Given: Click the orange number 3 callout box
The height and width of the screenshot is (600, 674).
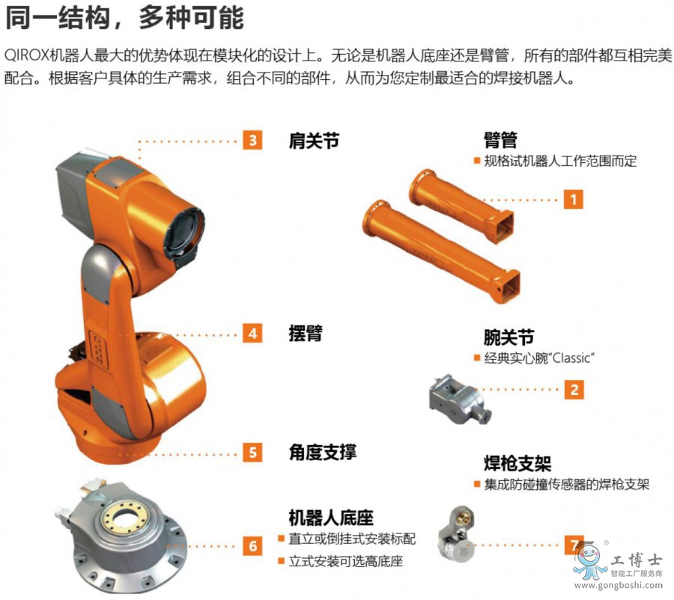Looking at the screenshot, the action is click(x=252, y=140).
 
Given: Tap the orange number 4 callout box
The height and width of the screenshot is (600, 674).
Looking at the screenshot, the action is click(x=252, y=333).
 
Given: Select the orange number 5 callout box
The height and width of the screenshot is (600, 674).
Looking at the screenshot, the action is click(x=252, y=453).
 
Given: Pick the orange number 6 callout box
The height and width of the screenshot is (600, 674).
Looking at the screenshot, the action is click(x=252, y=546).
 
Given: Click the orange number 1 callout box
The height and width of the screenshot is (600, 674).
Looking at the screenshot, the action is click(x=573, y=199).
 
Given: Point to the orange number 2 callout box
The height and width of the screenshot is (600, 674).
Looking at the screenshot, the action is click(x=574, y=390).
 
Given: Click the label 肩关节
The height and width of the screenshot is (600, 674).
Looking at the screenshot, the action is click(x=314, y=141).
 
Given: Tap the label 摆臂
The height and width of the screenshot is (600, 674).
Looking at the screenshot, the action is click(x=306, y=333).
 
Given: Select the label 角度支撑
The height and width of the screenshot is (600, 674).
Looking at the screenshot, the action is click(x=322, y=452).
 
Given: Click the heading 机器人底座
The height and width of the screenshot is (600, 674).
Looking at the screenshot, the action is click(x=331, y=518).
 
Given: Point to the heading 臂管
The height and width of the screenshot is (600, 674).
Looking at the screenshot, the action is click(x=500, y=140).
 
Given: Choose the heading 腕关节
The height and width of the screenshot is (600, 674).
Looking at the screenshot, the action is click(x=509, y=337).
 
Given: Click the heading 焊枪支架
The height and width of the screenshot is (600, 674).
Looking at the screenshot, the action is click(x=517, y=463).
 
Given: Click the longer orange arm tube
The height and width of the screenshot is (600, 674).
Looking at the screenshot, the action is click(x=441, y=251).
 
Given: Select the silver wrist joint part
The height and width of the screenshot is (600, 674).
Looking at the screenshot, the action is click(x=460, y=398).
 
